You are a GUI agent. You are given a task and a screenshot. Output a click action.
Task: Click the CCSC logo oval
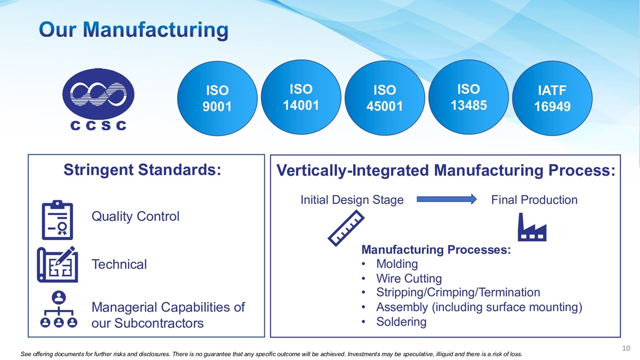click(x=98, y=94)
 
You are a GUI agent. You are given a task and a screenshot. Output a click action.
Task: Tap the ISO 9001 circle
click(x=217, y=98)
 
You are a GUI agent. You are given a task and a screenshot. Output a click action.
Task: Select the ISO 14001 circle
click(x=301, y=97)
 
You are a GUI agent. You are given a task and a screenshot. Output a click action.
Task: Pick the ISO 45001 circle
click(x=385, y=98)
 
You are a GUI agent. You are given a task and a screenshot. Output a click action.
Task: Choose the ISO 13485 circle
click(x=468, y=97)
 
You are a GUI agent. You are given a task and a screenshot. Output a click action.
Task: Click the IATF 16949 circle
click(x=552, y=98)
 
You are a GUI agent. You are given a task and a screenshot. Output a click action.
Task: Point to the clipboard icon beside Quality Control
click(x=58, y=220)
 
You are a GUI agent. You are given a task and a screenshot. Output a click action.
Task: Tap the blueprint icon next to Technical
click(x=58, y=265)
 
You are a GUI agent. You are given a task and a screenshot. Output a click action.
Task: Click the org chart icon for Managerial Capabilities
click(x=59, y=309)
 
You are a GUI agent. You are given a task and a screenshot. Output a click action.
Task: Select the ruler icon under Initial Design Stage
click(x=346, y=228)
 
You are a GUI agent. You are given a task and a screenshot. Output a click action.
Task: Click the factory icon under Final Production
click(x=532, y=227)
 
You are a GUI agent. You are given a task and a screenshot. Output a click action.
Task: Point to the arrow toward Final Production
click(x=446, y=199)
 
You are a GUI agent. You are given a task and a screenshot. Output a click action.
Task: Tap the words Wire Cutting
click(x=409, y=278)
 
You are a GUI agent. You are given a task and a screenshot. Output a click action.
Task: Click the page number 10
click(x=626, y=348)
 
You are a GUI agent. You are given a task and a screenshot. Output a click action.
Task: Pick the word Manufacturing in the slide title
click(x=155, y=30)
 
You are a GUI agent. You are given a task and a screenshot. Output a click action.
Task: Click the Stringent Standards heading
click(x=142, y=170)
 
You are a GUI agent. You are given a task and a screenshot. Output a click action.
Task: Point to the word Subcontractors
click(x=159, y=323)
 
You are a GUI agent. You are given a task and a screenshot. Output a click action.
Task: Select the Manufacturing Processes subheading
click(x=436, y=250)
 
